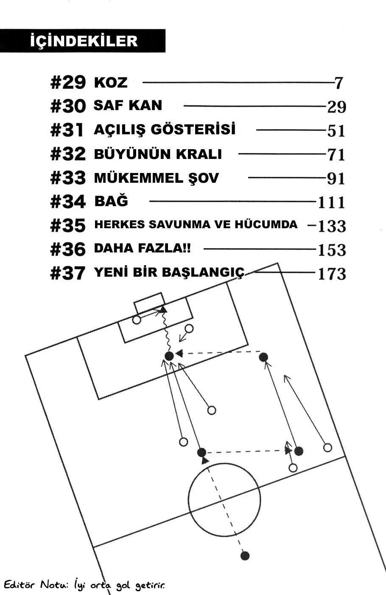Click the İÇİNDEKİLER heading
(84, 41)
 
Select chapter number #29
(68, 82)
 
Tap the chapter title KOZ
(110, 82)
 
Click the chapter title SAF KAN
(128, 105)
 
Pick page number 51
(336, 131)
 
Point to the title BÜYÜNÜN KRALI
(158, 154)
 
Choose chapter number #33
(68, 178)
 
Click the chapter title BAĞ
(111, 201)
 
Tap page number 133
(332, 226)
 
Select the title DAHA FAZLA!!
(143, 248)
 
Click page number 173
(332, 274)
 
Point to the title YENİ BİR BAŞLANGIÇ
(169, 272)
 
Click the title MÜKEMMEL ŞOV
(156, 178)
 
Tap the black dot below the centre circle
(245, 555)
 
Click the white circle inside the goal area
(137, 320)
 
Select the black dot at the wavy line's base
(169, 356)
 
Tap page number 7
(338, 83)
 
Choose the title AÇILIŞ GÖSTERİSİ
(165, 130)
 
